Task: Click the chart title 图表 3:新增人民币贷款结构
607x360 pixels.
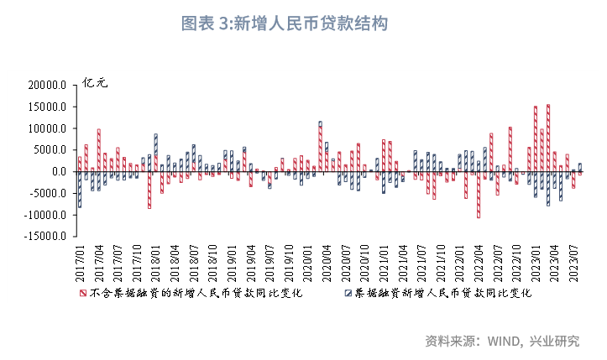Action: coord(285,23)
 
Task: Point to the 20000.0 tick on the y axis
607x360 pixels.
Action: coord(47,85)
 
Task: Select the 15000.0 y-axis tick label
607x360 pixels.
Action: coord(47,107)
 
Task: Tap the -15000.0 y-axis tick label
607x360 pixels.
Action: coord(45,237)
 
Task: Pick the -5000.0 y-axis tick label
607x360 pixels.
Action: coord(47,193)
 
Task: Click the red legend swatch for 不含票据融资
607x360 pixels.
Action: coord(82,294)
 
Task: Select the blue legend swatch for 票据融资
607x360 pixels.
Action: coord(348,294)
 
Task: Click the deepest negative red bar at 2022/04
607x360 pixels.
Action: coord(479,195)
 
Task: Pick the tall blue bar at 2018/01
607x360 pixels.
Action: coord(155,152)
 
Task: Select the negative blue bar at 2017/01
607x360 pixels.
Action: coord(80,190)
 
